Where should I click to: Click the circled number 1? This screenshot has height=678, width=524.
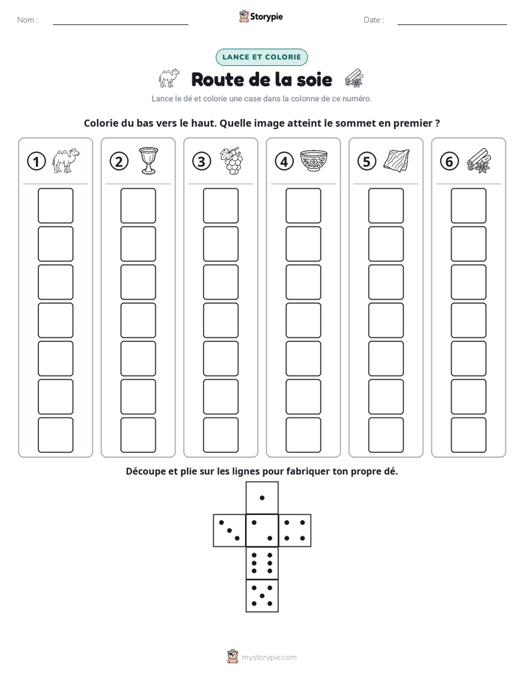36,161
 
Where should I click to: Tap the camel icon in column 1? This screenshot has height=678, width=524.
66,161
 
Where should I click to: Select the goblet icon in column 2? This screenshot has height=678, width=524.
148,161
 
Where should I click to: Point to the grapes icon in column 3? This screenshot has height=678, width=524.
231,161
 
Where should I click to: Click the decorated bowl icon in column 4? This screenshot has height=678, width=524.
313,161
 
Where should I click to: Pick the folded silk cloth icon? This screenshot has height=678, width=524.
396,161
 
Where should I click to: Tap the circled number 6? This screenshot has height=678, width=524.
449,161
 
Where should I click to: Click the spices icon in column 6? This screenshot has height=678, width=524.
479,161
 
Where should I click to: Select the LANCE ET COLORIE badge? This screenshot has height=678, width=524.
261,57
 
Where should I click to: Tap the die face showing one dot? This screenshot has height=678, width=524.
262,498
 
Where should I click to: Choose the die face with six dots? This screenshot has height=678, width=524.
262,563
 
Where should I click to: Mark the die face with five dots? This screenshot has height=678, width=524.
262,596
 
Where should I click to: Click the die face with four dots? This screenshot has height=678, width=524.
295,531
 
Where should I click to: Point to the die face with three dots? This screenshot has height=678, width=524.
230,531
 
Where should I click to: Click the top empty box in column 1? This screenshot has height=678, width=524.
56,205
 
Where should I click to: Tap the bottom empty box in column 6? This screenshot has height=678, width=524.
469,435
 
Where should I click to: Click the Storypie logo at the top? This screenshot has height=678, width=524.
261,16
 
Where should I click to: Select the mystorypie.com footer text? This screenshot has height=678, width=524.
269,657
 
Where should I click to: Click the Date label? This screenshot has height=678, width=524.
374,20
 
